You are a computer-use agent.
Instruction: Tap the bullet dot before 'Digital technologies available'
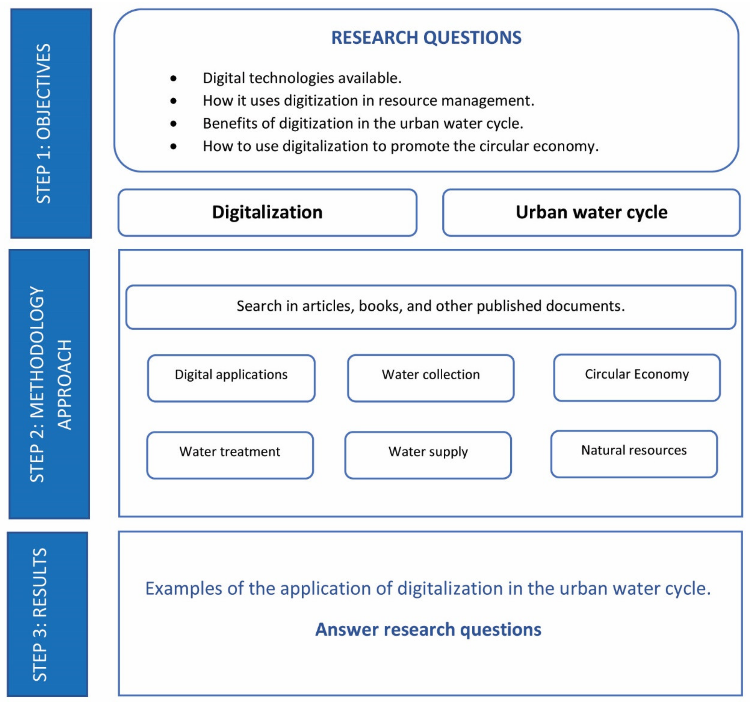[173, 78]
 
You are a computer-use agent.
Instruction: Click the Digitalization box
[267, 212]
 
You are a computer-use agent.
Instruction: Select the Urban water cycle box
[591, 212]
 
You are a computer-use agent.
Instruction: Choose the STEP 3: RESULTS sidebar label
[40, 615]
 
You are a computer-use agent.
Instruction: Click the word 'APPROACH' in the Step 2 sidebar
[64, 385]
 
